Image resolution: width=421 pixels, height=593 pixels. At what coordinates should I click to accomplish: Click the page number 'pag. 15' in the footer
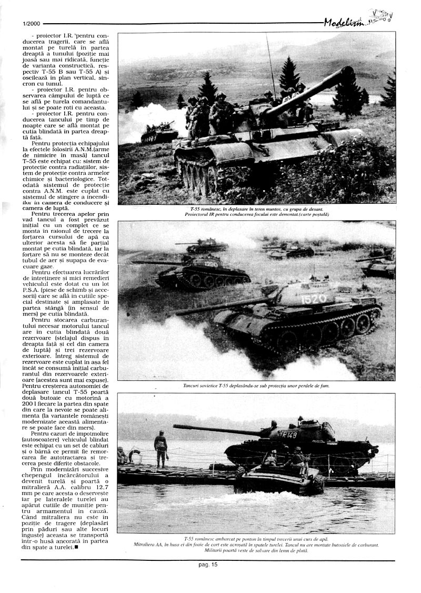point(208,565)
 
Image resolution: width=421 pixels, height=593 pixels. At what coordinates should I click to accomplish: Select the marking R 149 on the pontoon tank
point(289,434)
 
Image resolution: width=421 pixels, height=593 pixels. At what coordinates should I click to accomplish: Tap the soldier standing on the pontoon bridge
point(161,448)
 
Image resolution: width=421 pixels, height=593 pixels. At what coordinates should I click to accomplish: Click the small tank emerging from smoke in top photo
point(159,132)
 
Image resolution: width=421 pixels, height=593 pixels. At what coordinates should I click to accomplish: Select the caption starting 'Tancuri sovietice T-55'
point(255,386)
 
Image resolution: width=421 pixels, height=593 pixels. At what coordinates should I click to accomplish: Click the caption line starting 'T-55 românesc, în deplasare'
point(255,209)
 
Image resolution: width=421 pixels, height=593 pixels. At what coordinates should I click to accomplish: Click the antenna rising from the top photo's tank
point(270,63)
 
